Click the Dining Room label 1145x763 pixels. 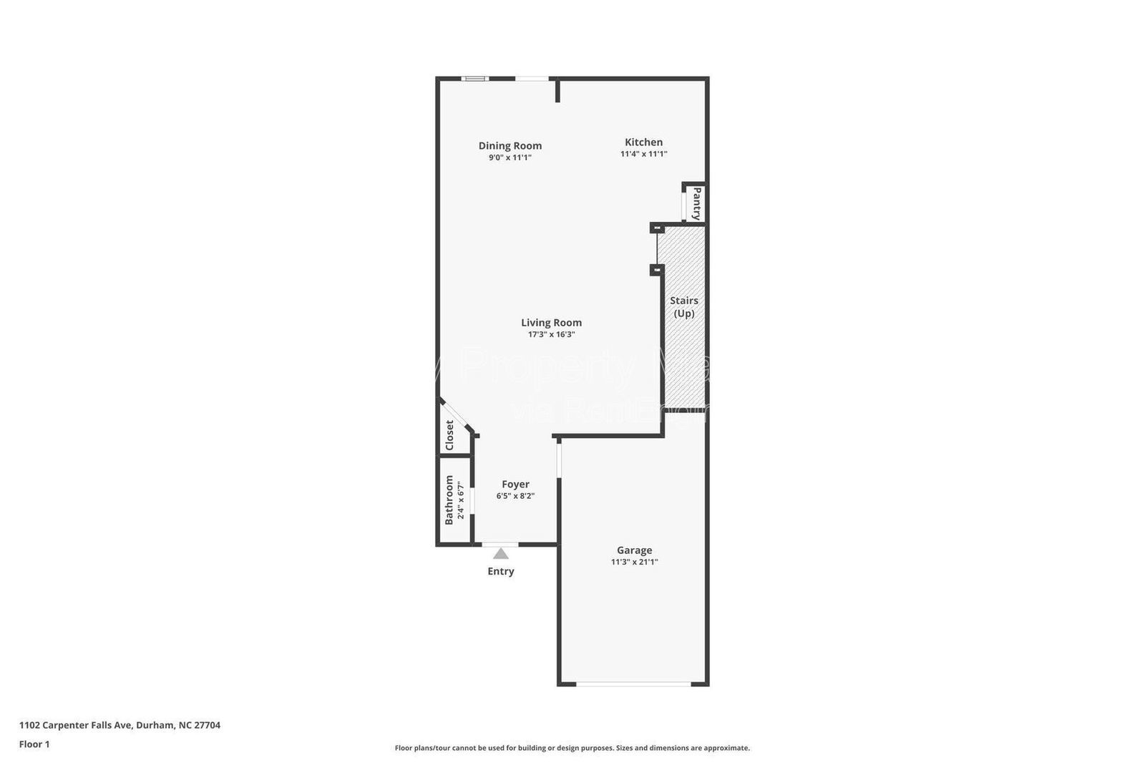[x=510, y=145]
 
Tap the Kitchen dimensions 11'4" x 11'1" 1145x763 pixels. [x=643, y=154]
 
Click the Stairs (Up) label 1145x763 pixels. [x=683, y=307]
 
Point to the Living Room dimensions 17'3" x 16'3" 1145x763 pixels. [x=551, y=334]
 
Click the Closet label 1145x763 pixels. [x=449, y=435]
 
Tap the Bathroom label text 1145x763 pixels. [x=449, y=500]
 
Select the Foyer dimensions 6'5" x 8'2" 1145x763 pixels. [x=515, y=496]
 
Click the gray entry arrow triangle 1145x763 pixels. [x=501, y=553]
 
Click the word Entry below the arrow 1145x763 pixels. [x=501, y=571]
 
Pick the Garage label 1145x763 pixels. [x=634, y=550]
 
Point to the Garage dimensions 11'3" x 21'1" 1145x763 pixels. [x=634, y=562]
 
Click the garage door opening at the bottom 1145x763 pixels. [x=634, y=684]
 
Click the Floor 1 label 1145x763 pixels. [x=34, y=744]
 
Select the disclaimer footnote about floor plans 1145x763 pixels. [x=572, y=748]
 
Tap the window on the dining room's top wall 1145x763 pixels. [x=474, y=78]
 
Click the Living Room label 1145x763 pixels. [x=551, y=322]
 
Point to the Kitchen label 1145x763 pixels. [x=643, y=142]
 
